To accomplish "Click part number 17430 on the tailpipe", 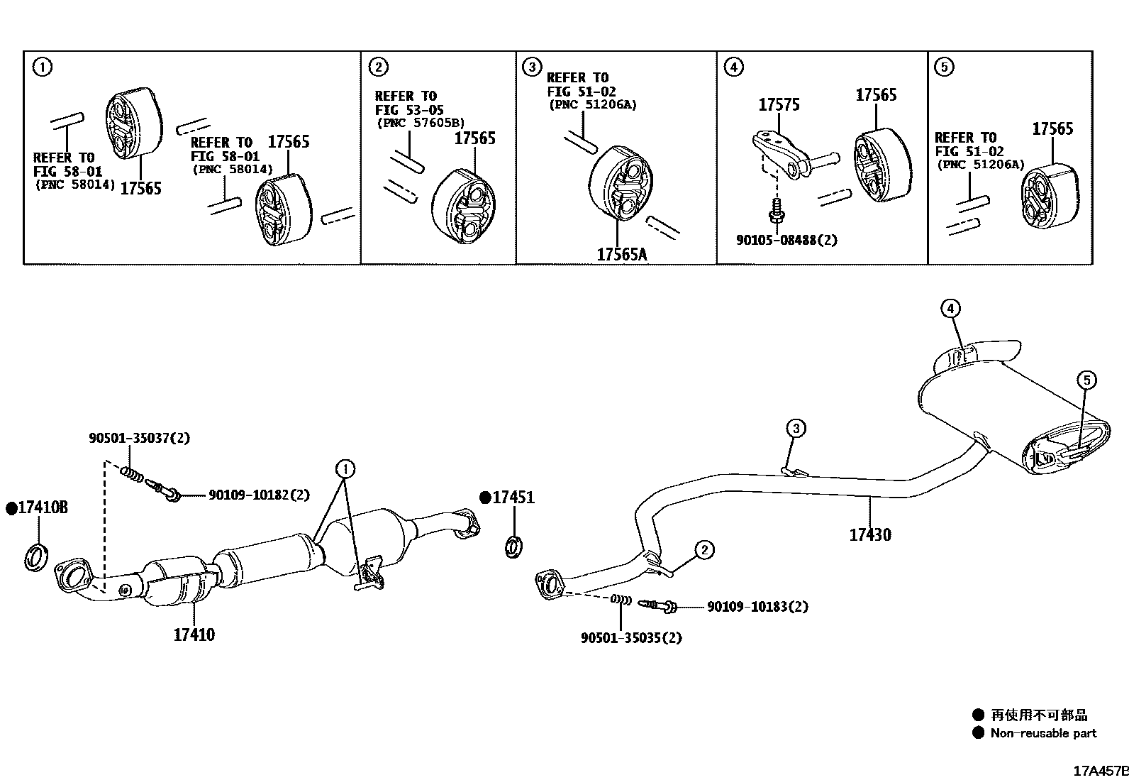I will (x=870, y=534).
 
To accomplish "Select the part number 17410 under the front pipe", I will (x=194, y=634).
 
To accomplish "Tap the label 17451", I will (x=513, y=498).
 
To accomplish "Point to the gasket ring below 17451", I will (x=515, y=546).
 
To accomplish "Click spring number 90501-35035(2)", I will (x=631, y=637).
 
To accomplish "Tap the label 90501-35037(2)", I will (x=139, y=439).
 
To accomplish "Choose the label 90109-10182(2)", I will (x=259, y=495).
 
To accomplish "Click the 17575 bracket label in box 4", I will (x=779, y=105).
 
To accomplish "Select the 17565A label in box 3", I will (x=622, y=254).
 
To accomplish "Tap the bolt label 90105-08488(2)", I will (x=786, y=240).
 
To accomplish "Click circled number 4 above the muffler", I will (x=950, y=308).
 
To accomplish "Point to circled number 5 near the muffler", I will (x=1086, y=380).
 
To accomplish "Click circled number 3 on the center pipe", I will (x=796, y=428).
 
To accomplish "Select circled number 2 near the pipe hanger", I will (x=703, y=549).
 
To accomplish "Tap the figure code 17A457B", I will (x=1099, y=770).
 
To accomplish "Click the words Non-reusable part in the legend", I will (x=1042, y=733).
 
